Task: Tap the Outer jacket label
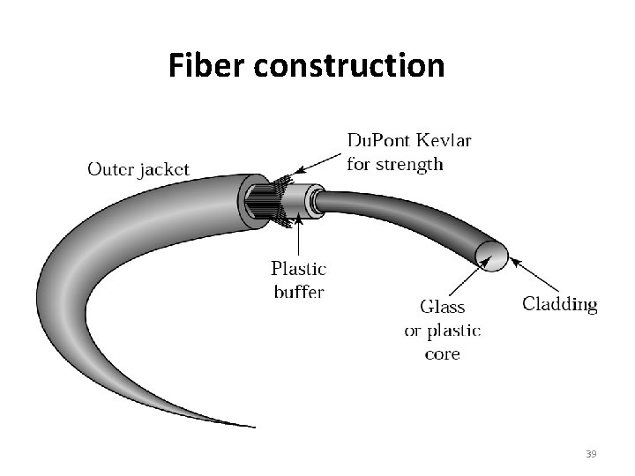click(138, 169)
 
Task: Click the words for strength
click(395, 164)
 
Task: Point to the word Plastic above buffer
click(298, 269)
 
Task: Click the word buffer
click(298, 291)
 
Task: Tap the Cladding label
click(559, 305)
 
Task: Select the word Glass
click(442, 308)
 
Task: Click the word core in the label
click(442, 354)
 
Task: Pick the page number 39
click(591, 454)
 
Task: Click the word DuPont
click(377, 141)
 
